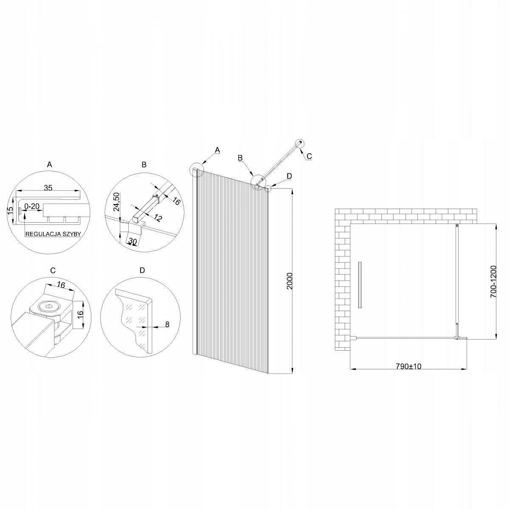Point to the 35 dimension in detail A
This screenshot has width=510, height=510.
point(48,188)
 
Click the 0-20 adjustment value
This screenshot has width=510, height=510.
point(32,206)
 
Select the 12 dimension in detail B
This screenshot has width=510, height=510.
point(158,218)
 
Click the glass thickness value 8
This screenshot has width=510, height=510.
point(167,324)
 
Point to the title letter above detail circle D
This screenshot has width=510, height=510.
point(142,270)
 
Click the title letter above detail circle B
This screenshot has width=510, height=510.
point(144,165)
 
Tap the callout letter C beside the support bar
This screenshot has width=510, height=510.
point(309,156)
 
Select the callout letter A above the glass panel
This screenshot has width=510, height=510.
point(217,150)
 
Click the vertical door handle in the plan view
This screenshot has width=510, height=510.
point(360,285)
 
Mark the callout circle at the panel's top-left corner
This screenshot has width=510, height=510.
point(197,169)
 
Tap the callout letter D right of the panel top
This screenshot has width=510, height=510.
point(289,176)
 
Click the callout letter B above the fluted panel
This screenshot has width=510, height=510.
point(240,158)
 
